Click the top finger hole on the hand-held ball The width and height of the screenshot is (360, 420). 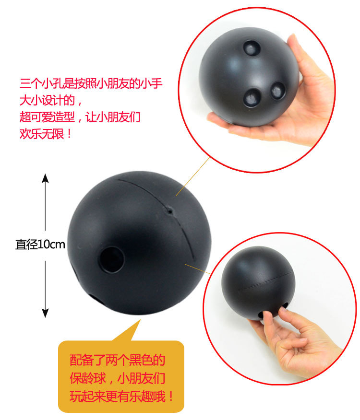252,47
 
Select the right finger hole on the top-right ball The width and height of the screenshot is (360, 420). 277,90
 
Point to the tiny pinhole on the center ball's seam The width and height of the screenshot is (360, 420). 170,211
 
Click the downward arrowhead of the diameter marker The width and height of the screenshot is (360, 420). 45,313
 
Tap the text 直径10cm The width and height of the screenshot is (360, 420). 40,245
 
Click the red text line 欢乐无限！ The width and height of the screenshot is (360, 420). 45,133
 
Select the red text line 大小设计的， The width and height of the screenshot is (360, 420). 51,101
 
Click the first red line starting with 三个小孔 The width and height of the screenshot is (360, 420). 91,83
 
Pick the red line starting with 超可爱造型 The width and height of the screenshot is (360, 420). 80,117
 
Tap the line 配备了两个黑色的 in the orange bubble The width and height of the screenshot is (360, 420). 117,360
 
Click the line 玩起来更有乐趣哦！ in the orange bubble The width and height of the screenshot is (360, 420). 121,397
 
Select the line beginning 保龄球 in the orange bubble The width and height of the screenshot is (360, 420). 117,378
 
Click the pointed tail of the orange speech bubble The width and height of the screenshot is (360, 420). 140,320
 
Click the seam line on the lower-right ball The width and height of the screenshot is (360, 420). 265,281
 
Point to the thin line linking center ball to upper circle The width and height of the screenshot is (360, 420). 192,177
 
